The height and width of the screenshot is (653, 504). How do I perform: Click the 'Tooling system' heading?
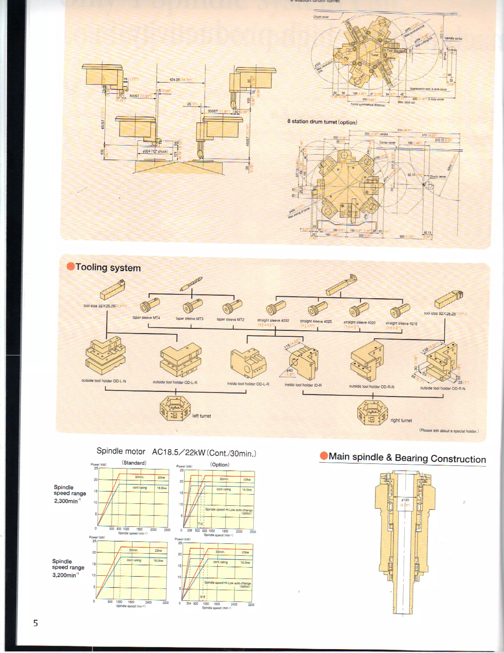pyautogui.click(x=108, y=267)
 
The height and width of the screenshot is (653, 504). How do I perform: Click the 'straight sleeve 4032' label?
pyautogui.click(x=273, y=320)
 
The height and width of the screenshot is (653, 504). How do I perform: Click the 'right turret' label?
pyautogui.click(x=401, y=420)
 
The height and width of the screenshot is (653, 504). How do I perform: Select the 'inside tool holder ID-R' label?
pyautogui.click(x=303, y=385)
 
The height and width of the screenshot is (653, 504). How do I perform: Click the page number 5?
pyautogui.click(x=35, y=623)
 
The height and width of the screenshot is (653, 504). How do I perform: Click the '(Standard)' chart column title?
pyautogui.click(x=134, y=463)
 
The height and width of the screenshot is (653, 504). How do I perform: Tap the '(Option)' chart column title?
pyautogui.click(x=220, y=464)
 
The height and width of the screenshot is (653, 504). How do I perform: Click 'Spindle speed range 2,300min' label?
pyautogui.click(x=70, y=494)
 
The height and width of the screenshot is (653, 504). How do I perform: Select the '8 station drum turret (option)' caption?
pyautogui.click(x=322, y=122)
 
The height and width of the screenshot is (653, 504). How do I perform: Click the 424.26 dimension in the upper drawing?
pyautogui.click(x=175, y=80)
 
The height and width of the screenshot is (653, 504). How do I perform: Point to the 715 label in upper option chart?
pyautogui.click(x=200, y=524)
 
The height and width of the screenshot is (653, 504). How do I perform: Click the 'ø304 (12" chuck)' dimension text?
pyautogui.click(x=155, y=151)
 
